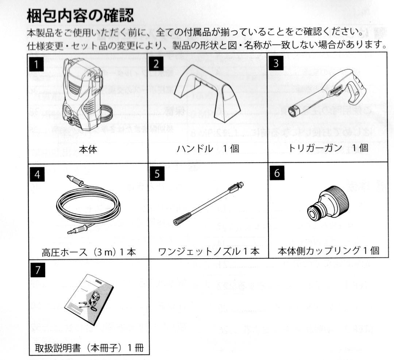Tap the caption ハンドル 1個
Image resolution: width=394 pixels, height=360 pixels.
coord(208,150)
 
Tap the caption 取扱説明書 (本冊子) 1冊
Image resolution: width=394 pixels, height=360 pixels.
coord(88,346)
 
